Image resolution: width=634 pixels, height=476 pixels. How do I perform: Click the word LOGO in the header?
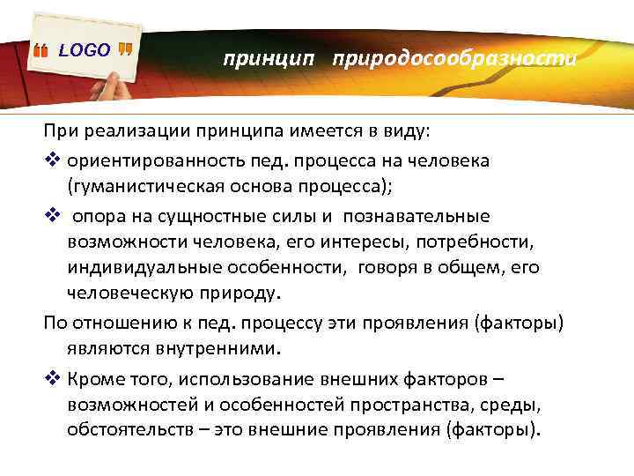(84, 50)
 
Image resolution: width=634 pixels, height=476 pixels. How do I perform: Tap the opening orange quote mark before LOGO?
(41, 51)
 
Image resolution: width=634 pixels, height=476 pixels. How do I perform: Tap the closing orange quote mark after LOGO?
(125, 48)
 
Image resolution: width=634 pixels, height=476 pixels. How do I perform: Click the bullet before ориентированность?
(51, 161)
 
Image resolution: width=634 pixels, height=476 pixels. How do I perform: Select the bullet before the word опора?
(51, 216)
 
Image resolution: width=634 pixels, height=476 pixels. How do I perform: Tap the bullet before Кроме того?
(51, 378)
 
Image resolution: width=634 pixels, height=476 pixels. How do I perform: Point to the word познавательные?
(417, 216)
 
